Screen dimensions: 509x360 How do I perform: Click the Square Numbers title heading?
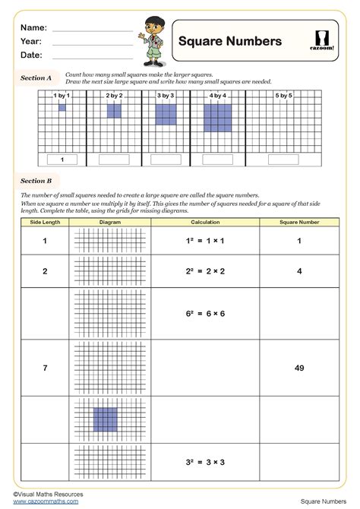229,41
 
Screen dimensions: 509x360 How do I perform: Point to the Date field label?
31,55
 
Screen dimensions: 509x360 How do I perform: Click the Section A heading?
36,77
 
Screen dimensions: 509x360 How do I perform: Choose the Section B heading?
36,181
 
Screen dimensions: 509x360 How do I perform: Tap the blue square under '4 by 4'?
217,118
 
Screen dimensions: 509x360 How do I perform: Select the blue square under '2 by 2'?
114,111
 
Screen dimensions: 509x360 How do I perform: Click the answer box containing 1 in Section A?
62,160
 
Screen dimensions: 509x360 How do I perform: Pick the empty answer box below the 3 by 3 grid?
166,160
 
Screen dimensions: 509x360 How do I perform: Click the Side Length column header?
44,222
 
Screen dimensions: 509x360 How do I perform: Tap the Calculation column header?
205,222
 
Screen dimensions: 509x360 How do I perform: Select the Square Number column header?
299,222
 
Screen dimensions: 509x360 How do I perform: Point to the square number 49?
299,368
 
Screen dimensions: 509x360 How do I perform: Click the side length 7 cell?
44,368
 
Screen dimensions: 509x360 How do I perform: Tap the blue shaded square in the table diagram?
105,420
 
